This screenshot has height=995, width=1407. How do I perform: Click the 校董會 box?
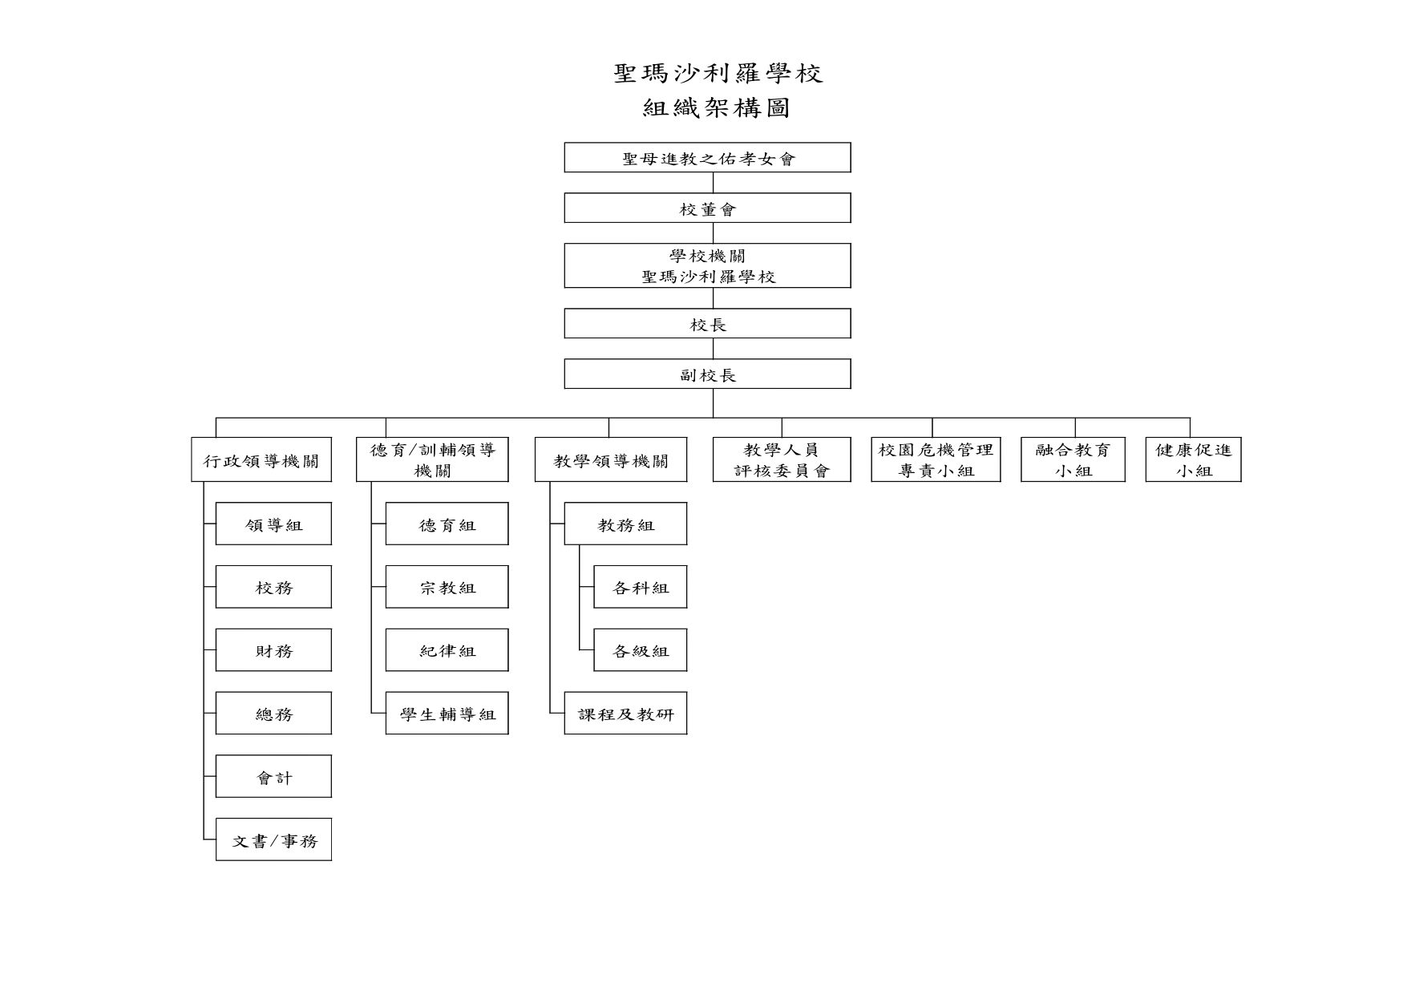coord(707,208)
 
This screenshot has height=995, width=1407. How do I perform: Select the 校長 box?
coord(707,323)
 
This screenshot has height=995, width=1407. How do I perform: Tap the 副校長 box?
coord(707,374)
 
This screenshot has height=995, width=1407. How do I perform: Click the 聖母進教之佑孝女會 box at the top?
coord(707,157)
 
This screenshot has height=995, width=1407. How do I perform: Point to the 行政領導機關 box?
coord(261,459)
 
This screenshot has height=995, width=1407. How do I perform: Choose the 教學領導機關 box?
coord(611,459)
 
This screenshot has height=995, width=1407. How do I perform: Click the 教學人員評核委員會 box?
coord(782,459)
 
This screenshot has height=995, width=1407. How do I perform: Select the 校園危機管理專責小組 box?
coord(936,459)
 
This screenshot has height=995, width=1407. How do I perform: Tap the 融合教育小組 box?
coord(1073,459)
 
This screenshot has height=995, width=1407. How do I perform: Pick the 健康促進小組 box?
coord(1193,459)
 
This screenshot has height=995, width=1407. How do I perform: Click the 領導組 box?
coord(273,524)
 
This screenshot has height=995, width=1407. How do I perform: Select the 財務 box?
coord(273,649)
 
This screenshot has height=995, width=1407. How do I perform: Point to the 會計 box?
coord(273,776)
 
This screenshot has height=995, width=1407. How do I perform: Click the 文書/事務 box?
coord(273,839)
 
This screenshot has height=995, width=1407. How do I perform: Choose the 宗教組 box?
coord(447,587)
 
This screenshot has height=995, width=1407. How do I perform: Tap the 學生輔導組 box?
coord(447,713)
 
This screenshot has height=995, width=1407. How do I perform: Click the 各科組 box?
coord(641,587)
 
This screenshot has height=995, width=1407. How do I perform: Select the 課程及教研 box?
coord(625,713)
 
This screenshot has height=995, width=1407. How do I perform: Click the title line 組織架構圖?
coord(717,108)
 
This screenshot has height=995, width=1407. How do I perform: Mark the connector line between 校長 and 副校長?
coord(714,349)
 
